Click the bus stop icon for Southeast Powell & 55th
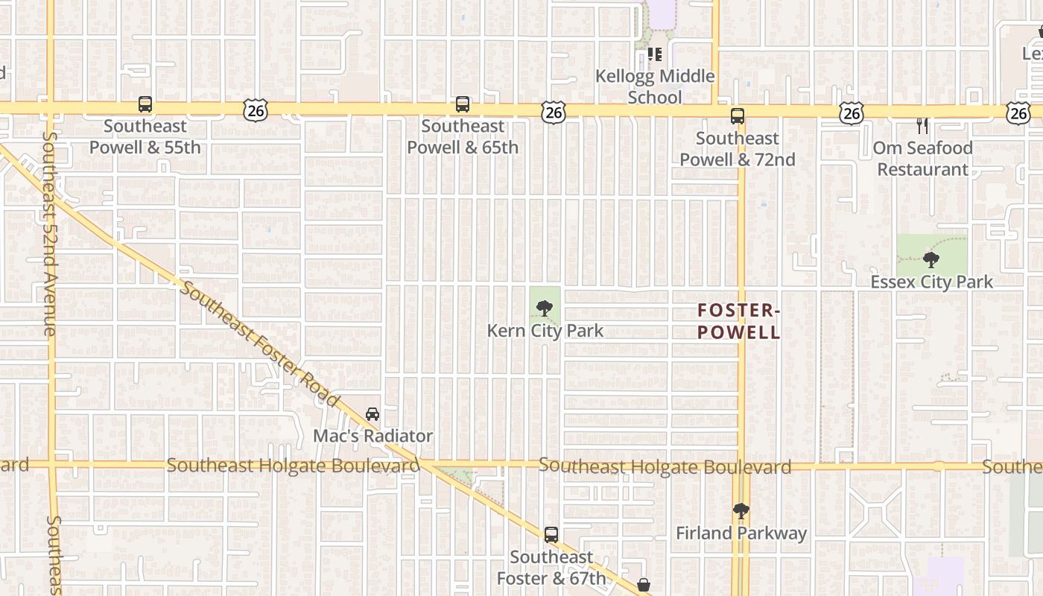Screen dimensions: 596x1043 [145, 105]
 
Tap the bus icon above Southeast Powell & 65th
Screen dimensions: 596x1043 [463, 104]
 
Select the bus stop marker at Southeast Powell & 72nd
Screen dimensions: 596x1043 [738, 116]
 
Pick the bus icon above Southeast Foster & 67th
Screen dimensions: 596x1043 [551, 535]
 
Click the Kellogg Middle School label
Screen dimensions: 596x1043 [655, 86]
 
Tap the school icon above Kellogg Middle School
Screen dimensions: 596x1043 [655, 54]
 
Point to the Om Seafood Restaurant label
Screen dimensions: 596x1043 [922, 159]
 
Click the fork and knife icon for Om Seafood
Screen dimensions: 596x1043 [922, 125]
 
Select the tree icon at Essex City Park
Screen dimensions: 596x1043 [931, 260]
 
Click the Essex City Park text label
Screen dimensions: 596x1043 [932, 282]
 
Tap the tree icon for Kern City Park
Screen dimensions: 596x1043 [545, 308]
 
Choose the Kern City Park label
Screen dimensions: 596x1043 [545, 330]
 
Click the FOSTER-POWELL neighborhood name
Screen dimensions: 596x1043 [739, 321]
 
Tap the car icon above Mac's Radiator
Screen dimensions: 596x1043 [372, 414]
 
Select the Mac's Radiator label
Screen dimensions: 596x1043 [372, 436]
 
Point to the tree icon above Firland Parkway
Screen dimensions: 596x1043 [741, 511]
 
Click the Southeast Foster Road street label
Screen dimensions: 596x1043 [260, 343]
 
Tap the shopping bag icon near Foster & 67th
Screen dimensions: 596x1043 [644, 585]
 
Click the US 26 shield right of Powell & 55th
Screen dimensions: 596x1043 [255, 111]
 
